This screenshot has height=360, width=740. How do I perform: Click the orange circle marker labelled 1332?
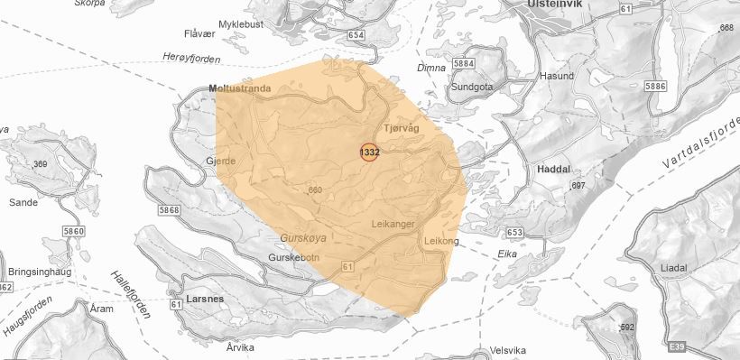(369, 152)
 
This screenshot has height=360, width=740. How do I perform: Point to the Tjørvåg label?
(402, 129)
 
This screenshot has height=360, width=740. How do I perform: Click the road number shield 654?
(356, 35)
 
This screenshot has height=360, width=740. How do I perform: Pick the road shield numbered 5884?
(465, 64)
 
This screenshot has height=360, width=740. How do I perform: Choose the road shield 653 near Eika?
(514, 233)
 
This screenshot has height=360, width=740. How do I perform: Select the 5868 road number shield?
(169, 209)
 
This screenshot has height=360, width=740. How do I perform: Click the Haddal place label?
(553, 169)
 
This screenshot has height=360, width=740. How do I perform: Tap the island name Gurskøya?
(303, 237)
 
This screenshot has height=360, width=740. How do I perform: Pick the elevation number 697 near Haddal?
(578, 185)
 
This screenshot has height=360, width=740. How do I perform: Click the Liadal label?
(673, 268)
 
